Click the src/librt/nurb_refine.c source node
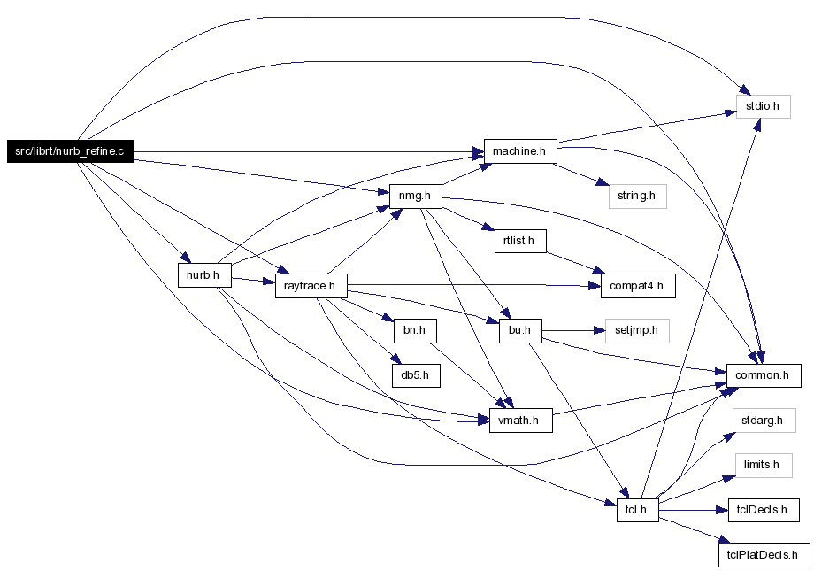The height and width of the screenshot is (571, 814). pyautogui.click(x=71, y=151)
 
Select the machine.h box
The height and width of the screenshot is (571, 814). pyautogui.click(x=520, y=151)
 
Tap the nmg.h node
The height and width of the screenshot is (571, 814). pyautogui.click(x=415, y=196)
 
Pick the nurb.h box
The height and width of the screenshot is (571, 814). pyautogui.click(x=204, y=274)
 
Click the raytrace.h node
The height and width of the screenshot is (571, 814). pyautogui.click(x=311, y=286)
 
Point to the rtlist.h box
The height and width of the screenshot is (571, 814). pyautogui.click(x=520, y=241)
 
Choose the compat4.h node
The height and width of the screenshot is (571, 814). pyautogui.click(x=638, y=286)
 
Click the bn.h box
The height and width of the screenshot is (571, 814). pyautogui.click(x=415, y=330)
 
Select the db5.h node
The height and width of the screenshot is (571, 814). pyautogui.click(x=417, y=375)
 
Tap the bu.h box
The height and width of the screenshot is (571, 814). pyautogui.click(x=520, y=330)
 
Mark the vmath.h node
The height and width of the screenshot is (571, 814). pyautogui.click(x=520, y=421)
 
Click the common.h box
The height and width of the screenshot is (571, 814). pyautogui.click(x=764, y=375)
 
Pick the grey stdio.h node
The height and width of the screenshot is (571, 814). pyautogui.click(x=763, y=106)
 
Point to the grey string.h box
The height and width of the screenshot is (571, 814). pyautogui.click(x=638, y=197)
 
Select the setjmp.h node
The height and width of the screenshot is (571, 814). pyautogui.click(x=637, y=331)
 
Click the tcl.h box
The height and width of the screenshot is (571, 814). pyautogui.click(x=638, y=510)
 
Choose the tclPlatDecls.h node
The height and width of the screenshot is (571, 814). pyautogui.click(x=764, y=555)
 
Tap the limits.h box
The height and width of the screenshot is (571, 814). pyautogui.click(x=764, y=465)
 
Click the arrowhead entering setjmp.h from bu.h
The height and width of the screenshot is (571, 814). pyautogui.click(x=599, y=330)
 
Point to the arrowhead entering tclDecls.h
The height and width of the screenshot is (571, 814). pyautogui.click(x=723, y=510)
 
